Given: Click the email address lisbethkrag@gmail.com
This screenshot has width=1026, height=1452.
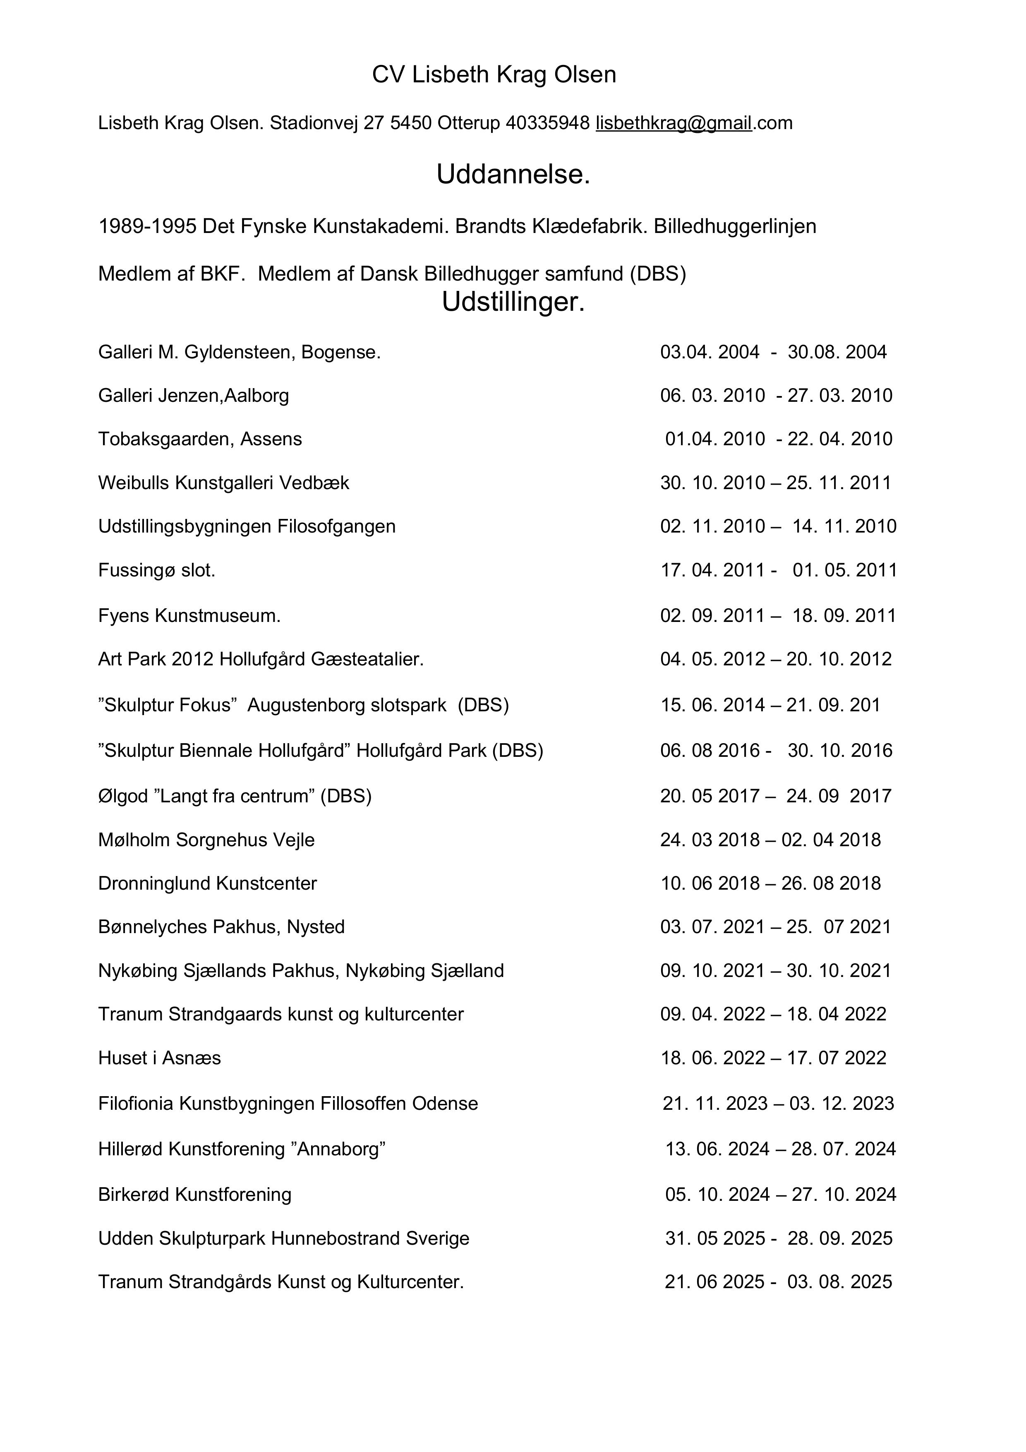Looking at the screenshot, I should click(x=693, y=122).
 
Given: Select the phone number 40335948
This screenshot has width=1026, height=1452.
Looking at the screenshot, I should click(x=547, y=122).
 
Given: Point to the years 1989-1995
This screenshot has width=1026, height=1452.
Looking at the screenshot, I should click(x=147, y=226).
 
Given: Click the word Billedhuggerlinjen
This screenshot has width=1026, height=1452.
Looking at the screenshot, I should click(x=735, y=226).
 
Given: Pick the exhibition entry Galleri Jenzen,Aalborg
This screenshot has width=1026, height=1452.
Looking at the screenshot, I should click(x=194, y=396).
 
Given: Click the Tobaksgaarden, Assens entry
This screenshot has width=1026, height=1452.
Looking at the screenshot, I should click(x=200, y=439).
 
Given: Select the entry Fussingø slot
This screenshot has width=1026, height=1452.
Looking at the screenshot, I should click(x=157, y=571).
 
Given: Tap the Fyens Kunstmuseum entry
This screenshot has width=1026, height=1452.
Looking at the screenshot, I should click(x=189, y=616).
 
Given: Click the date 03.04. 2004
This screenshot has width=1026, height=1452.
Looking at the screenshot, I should click(x=709, y=352).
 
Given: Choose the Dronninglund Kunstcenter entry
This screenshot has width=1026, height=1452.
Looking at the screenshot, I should click(x=207, y=883).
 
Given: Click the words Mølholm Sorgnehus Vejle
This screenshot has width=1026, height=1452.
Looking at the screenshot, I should click(x=206, y=840).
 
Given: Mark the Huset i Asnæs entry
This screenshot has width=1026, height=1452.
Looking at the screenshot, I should click(x=159, y=1058).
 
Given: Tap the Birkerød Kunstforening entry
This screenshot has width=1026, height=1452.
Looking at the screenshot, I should click(x=195, y=1195).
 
